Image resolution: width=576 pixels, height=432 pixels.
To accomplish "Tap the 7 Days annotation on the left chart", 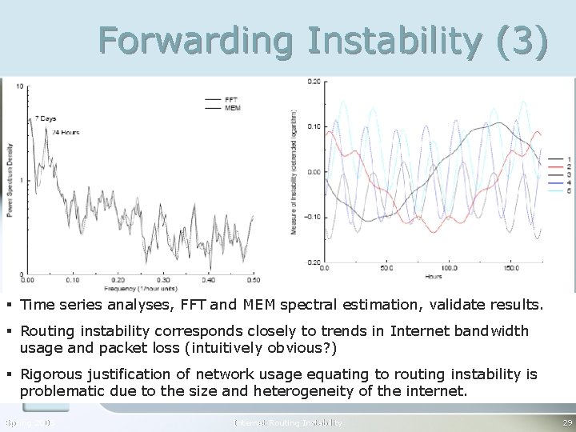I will (x=44, y=118).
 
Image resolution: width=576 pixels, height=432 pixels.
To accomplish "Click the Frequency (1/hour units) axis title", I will (x=141, y=287).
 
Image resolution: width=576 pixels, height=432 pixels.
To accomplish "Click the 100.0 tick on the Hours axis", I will (x=451, y=268).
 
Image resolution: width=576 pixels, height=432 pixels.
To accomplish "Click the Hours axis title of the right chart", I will (x=434, y=277).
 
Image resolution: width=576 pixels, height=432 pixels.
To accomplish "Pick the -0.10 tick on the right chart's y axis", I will (x=311, y=217).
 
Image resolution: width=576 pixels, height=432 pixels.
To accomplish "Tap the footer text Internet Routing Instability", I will (x=288, y=422).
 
